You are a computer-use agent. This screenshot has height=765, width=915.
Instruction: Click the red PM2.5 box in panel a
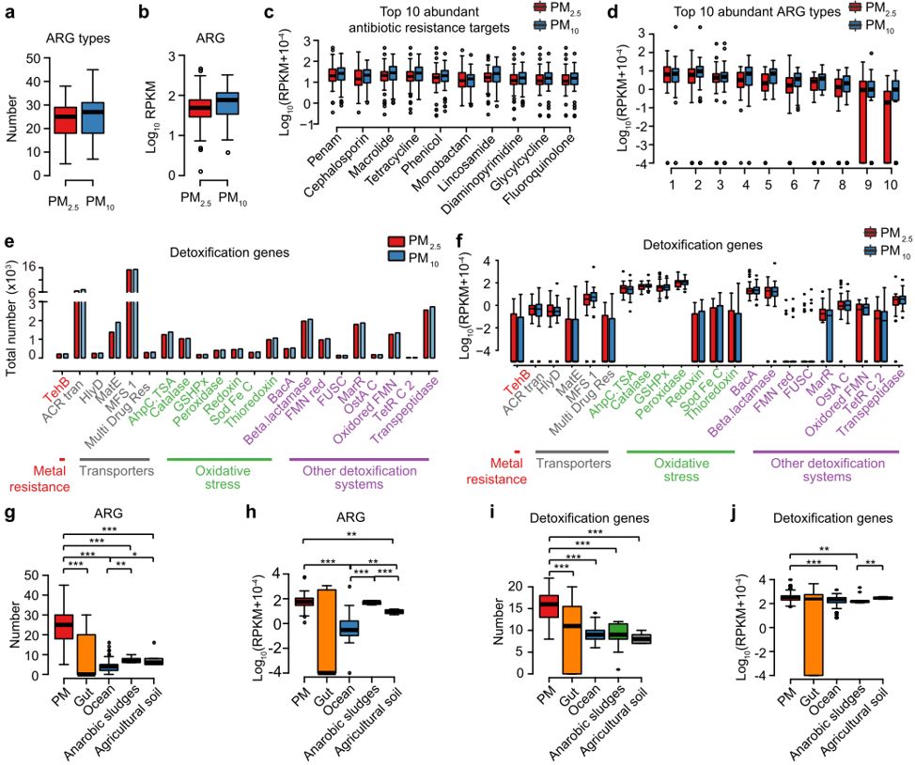[x=64, y=120]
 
